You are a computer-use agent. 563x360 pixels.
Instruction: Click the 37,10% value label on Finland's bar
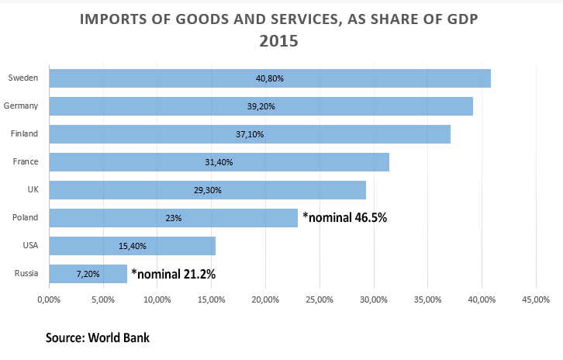click(x=249, y=134)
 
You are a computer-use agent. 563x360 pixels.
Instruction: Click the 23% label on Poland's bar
click(x=173, y=218)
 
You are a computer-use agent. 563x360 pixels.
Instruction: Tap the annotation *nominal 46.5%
click(x=344, y=218)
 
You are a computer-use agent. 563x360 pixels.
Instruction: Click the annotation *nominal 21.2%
click(x=173, y=274)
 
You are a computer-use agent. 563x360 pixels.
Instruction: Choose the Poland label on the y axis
click(x=26, y=217)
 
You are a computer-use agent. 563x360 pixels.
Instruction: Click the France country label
click(x=26, y=161)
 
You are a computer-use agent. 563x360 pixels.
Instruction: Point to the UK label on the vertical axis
click(x=33, y=189)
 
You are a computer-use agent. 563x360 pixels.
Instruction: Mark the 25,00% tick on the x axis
click(x=265, y=299)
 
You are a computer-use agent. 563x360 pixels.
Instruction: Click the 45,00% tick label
click(x=536, y=299)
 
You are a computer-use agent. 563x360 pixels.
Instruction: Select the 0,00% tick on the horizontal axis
click(x=49, y=299)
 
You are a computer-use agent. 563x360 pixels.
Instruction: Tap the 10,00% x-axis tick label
click(x=157, y=299)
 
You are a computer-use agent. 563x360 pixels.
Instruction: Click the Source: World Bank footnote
click(x=98, y=337)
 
